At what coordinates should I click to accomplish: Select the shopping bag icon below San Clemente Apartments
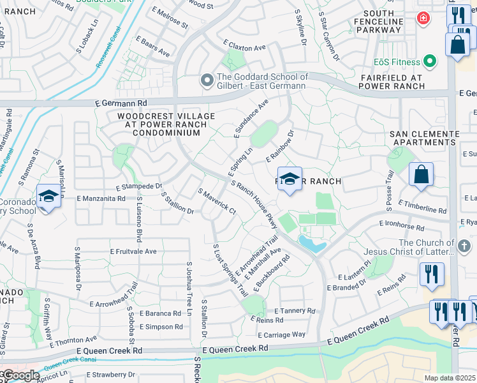pyautogui.click(x=422, y=174)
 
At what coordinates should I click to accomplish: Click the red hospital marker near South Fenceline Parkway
pyautogui.click(x=422, y=19)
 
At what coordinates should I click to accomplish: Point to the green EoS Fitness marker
pyautogui.click(x=430, y=62)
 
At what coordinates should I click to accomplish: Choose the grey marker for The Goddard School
pyautogui.click(x=206, y=80)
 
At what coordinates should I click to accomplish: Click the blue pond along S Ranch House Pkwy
pyautogui.click(x=312, y=243)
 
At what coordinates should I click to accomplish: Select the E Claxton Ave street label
pyautogui.click(x=244, y=48)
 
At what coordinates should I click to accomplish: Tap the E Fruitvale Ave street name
pyautogui.click(x=133, y=252)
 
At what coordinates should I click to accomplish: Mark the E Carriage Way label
pyautogui.click(x=281, y=334)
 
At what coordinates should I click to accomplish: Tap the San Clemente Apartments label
pyautogui.click(x=425, y=138)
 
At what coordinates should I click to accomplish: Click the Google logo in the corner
pyautogui.click(x=20, y=375)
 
